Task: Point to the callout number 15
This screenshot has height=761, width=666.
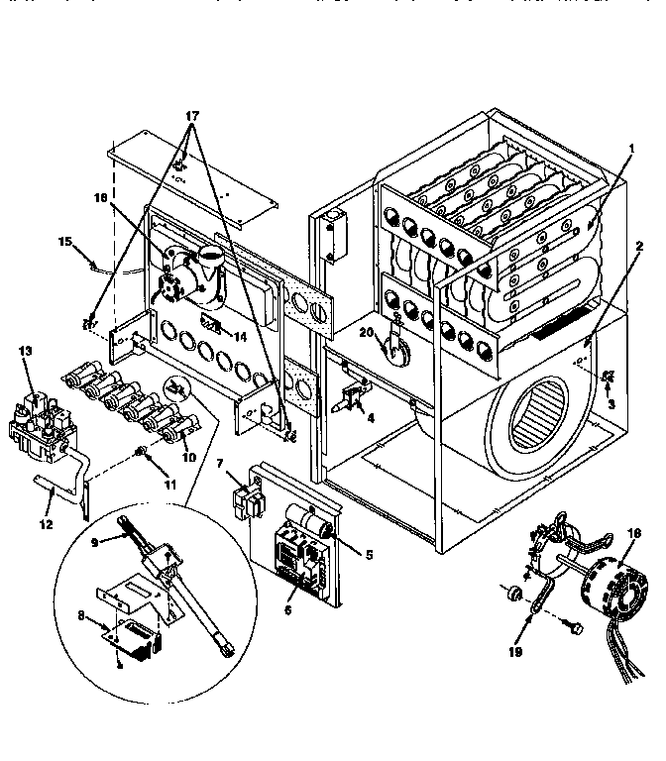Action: click(x=65, y=241)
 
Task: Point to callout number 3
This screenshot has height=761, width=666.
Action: click(x=611, y=404)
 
